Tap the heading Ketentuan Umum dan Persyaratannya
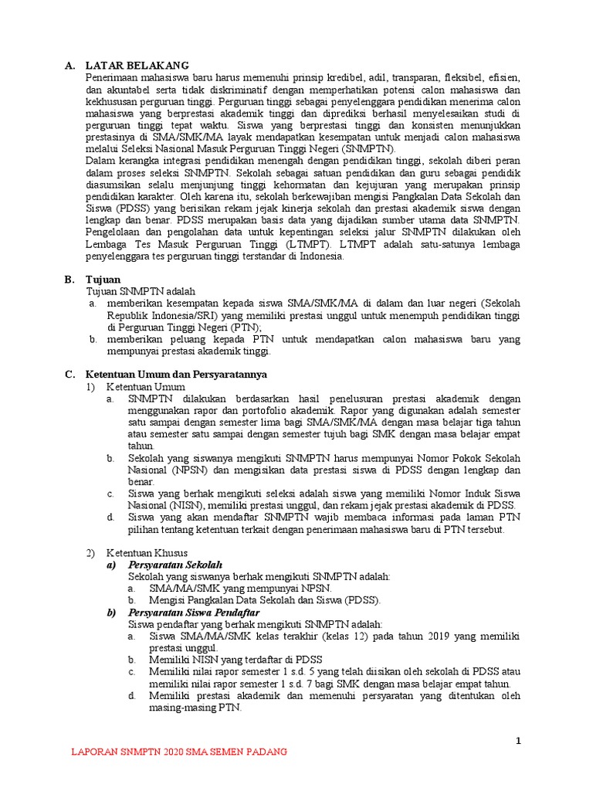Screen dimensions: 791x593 pos(175,374)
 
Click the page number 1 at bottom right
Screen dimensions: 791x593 pos(519,742)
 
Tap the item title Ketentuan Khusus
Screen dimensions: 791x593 pos(147,553)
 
